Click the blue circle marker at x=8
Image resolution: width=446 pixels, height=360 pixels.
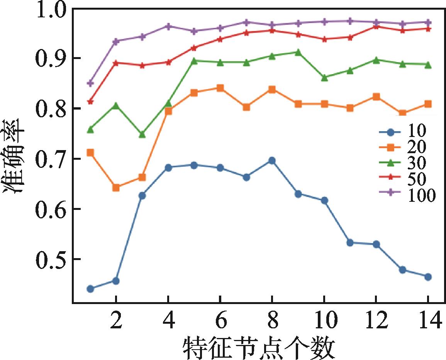[272, 161]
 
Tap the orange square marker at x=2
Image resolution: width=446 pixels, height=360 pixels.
[116, 188]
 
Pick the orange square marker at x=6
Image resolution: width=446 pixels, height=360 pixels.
[220, 88]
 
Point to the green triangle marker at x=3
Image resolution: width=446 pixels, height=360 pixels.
[142, 134]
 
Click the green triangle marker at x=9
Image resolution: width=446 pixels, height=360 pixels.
[298, 52]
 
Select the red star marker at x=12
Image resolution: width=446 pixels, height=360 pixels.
[376, 27]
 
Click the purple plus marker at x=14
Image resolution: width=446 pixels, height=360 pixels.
[428, 22]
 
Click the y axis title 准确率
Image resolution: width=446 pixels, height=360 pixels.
[15, 162]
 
